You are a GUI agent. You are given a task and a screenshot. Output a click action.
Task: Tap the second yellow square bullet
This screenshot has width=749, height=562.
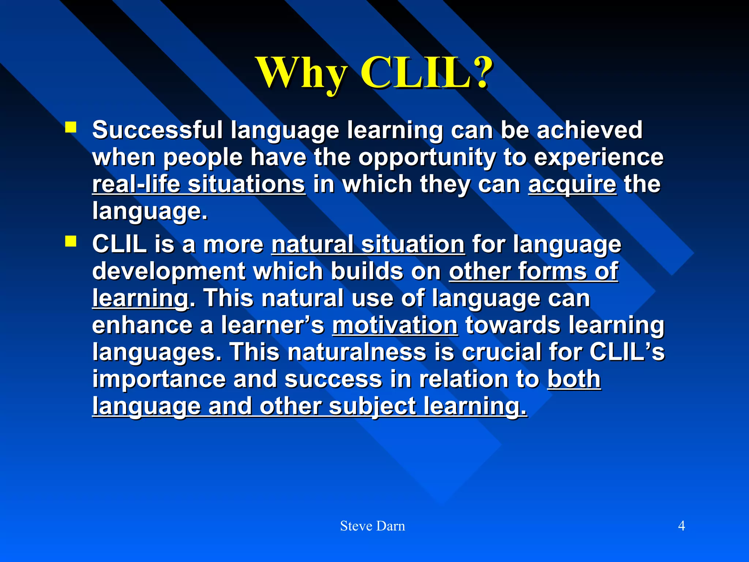[x=71, y=241]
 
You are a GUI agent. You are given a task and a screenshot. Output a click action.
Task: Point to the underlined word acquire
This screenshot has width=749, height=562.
[x=572, y=184]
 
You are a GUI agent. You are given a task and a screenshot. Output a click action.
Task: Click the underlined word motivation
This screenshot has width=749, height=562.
[x=395, y=325]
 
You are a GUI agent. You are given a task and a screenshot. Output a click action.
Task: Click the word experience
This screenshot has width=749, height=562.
[x=598, y=157]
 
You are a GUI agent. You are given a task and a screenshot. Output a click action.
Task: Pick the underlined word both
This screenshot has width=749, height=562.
[x=574, y=379]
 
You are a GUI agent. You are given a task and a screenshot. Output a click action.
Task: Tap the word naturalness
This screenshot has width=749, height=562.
[x=357, y=352]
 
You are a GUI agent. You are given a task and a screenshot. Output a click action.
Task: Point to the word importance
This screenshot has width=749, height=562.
[x=159, y=379]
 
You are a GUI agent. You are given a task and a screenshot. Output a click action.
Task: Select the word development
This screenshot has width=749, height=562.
[x=169, y=271]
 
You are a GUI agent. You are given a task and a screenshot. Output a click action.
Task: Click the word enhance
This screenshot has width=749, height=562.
[x=142, y=325]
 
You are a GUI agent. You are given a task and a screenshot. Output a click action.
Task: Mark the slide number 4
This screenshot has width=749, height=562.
[x=681, y=526]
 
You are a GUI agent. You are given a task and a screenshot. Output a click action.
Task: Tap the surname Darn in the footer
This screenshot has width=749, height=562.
[x=391, y=526]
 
